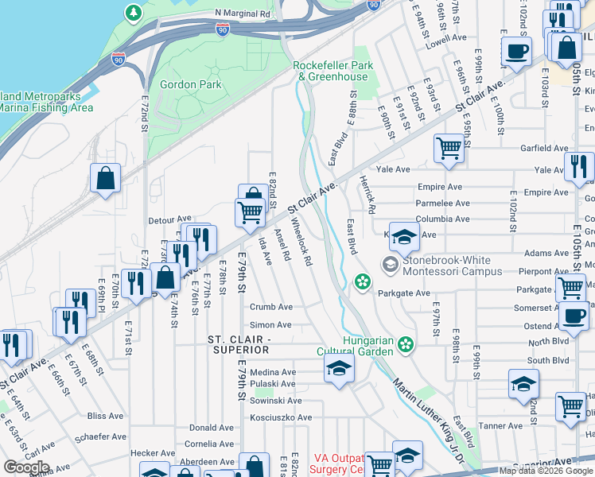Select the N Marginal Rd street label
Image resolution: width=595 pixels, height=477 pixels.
[x=243, y=14]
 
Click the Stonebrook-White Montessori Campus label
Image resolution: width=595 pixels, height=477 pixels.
[x=452, y=266]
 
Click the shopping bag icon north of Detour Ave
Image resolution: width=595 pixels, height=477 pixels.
[x=105, y=180]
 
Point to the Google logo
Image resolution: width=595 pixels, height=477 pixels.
[x=25, y=467]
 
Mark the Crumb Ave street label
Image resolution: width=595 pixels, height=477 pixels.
[x=271, y=307]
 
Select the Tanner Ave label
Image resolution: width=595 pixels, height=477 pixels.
[x=500, y=425]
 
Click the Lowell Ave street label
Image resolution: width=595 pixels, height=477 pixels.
[x=446, y=37]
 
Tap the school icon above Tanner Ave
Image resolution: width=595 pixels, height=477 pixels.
[x=523, y=384]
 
